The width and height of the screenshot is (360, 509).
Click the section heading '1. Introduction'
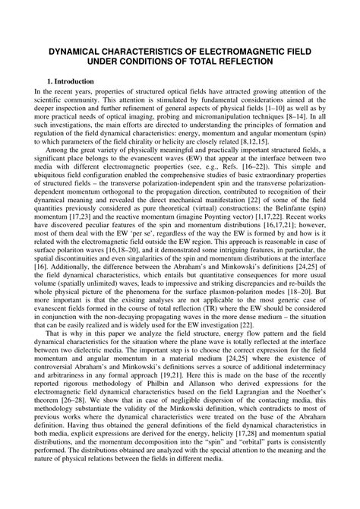click(x=69, y=81)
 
